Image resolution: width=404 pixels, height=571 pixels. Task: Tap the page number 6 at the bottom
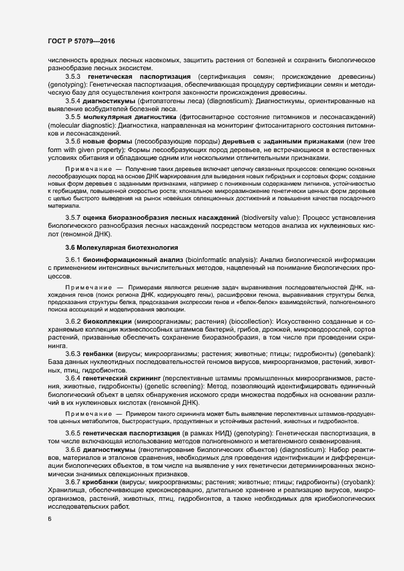(50, 519)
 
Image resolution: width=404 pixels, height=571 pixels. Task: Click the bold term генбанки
(98, 355)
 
